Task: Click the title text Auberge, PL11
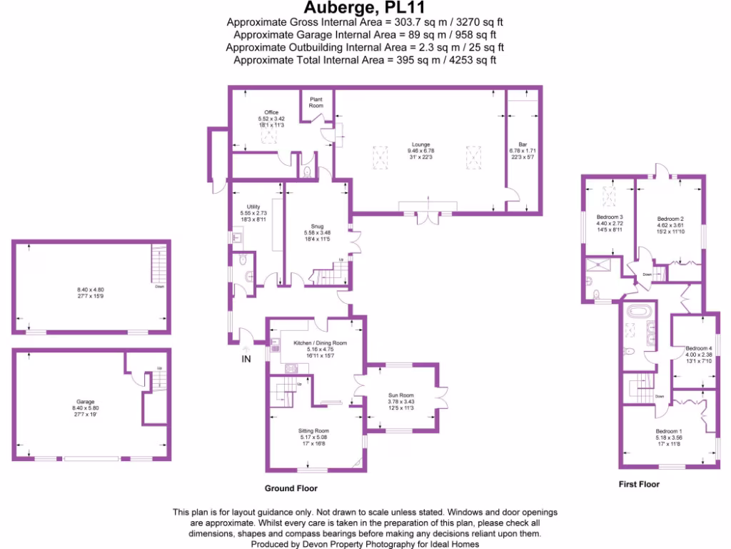pyautogui.click(x=365, y=8)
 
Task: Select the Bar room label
pyautogui.click(x=522, y=144)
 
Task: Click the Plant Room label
pyautogui.click(x=316, y=102)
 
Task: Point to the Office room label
pyautogui.click(x=271, y=112)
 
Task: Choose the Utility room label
pyautogui.click(x=253, y=207)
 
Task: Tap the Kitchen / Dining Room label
pyautogui.click(x=320, y=343)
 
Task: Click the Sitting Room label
pyautogui.click(x=313, y=430)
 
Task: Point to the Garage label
pyautogui.click(x=86, y=402)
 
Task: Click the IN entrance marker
pyautogui.click(x=246, y=358)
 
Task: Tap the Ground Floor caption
pyautogui.click(x=291, y=489)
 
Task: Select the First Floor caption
pyautogui.click(x=639, y=485)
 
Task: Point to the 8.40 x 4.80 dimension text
pyautogui.click(x=91, y=290)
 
